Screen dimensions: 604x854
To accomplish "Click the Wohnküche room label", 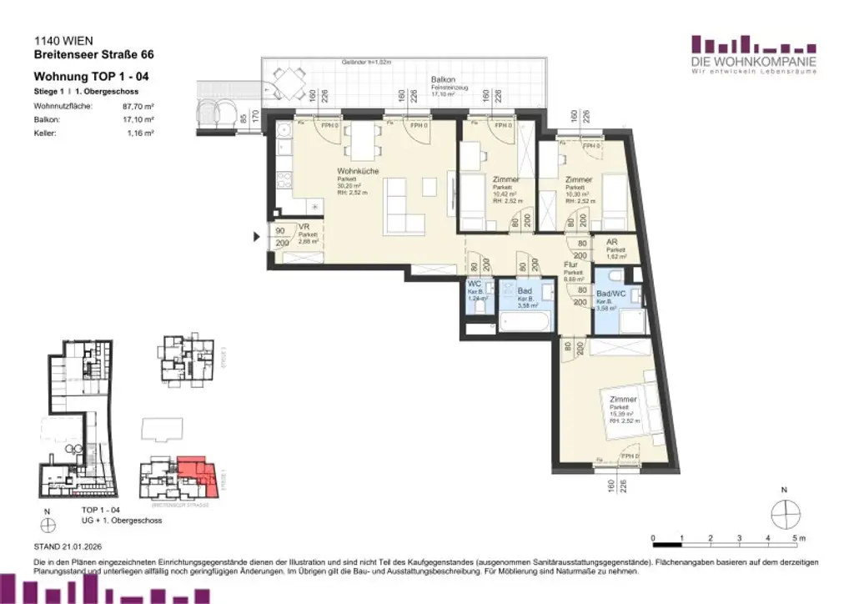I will pos(358,171).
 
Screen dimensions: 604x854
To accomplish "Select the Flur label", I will pos(571,264).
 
